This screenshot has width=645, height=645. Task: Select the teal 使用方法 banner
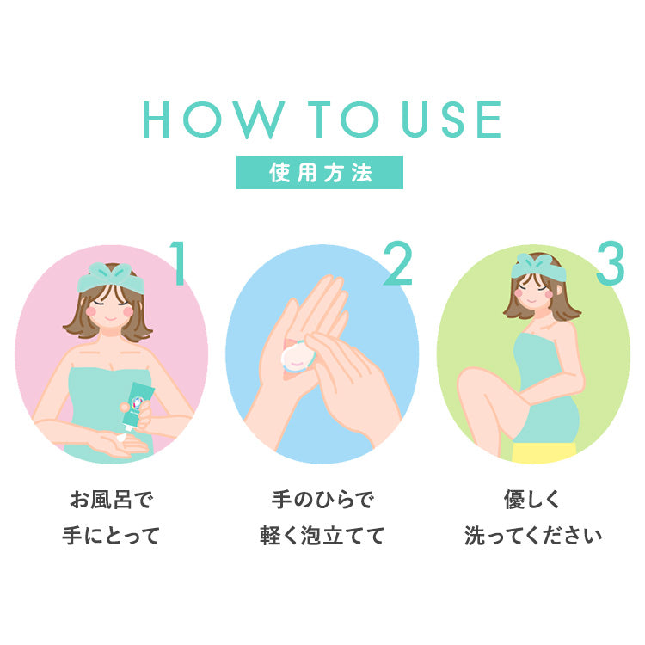[320, 172]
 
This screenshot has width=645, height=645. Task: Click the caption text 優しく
[532, 500]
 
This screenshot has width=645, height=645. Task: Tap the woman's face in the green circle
[537, 293]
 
